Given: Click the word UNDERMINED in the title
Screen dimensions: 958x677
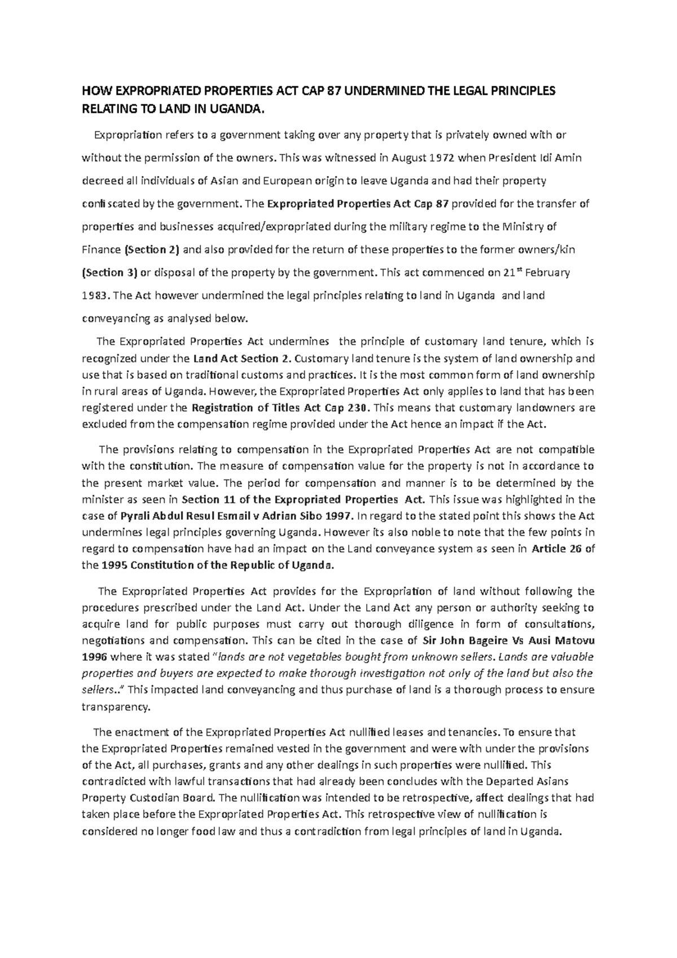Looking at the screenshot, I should tap(381, 91).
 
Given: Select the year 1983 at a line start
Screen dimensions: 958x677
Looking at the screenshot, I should tap(94, 296).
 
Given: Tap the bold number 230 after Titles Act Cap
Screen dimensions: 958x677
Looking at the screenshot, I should tap(359, 407).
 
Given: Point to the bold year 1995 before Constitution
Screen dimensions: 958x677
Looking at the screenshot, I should tap(112, 565).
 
